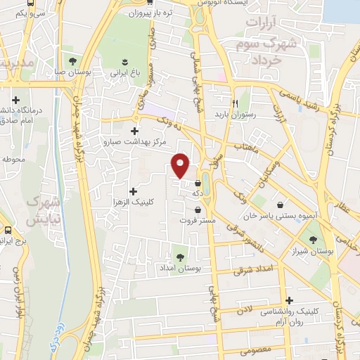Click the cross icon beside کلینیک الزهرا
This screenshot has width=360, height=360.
click(133, 191)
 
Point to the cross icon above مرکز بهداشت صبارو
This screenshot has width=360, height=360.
click(134, 130)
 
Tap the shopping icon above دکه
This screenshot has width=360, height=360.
click(198, 183)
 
